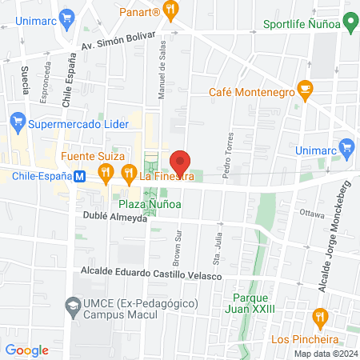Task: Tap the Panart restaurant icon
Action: click(x=171, y=10)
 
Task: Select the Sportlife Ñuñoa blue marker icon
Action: click(x=349, y=23)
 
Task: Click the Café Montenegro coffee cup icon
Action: click(x=304, y=88)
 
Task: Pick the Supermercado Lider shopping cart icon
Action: click(x=17, y=122)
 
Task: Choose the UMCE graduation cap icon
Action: click(x=73, y=306)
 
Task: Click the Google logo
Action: click(x=27, y=350)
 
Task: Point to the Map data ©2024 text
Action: click(x=324, y=353)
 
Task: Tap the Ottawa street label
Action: click(x=311, y=214)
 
